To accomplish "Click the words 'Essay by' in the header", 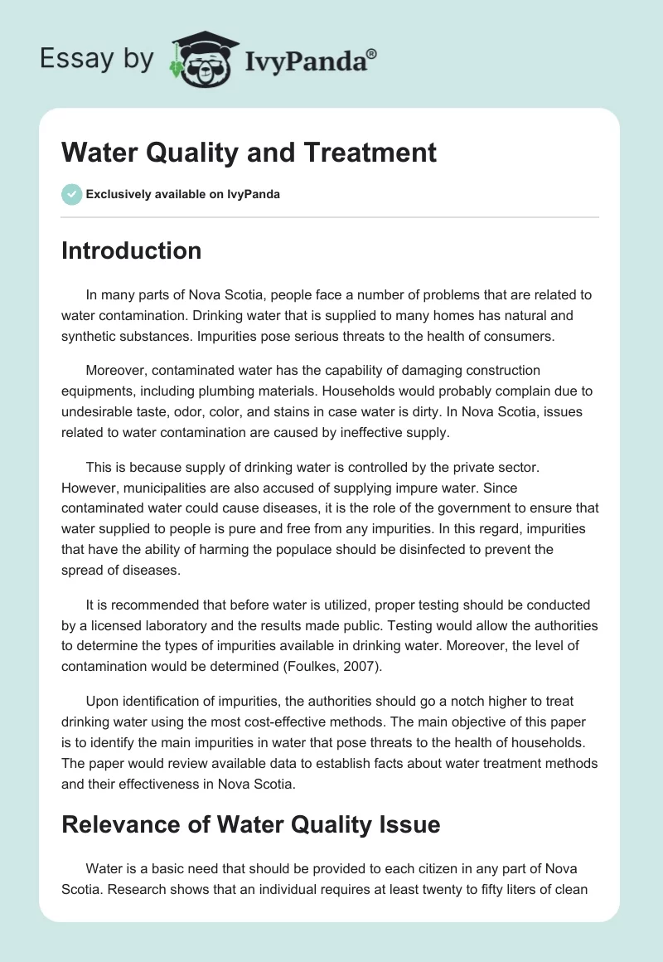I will tap(98, 60).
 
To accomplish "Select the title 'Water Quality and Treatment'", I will tap(249, 153).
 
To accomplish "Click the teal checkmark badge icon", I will tap(71, 194).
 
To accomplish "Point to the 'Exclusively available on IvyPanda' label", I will tap(182, 195).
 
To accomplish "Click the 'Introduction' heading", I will tap(131, 250).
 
